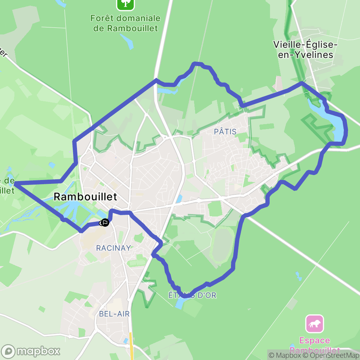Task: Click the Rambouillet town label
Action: click(85, 197)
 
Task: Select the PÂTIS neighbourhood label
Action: click(225, 131)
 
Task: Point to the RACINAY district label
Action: click(114, 248)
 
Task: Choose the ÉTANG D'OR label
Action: click(192, 295)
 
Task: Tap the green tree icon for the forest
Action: click(126, 4)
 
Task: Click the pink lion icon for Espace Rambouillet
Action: click(315, 324)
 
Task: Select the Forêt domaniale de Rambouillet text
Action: click(126, 23)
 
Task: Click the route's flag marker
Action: click(104, 223)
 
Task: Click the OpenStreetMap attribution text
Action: click(329, 355)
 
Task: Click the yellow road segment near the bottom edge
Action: click(131, 346)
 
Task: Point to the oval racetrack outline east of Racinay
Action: click(223, 245)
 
